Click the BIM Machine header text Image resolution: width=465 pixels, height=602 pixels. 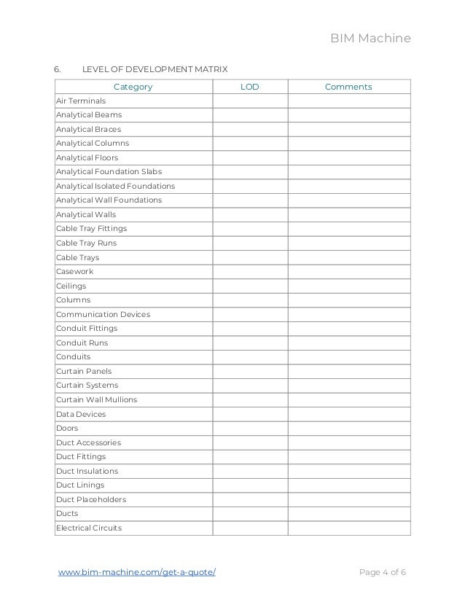point(372,38)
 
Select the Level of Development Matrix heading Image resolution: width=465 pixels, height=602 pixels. point(155,69)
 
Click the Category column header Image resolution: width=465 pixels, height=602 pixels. point(133,87)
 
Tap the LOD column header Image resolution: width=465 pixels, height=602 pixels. point(249,87)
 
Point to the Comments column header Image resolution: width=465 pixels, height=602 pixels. point(348,87)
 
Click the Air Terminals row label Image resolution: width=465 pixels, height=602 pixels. point(81,101)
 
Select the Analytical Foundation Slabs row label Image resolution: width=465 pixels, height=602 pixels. point(109,172)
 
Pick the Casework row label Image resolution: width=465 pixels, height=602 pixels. point(74,272)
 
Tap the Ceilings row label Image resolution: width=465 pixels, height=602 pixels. point(71,286)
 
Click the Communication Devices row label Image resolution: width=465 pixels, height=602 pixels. point(103,314)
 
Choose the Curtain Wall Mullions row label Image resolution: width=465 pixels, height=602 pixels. point(96,400)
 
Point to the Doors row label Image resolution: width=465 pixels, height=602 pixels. point(67,429)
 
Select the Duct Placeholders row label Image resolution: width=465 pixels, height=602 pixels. point(91,500)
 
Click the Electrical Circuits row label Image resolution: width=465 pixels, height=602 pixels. point(89,528)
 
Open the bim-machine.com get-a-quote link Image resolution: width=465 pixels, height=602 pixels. point(137,572)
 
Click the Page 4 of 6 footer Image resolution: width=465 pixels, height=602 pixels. point(383,572)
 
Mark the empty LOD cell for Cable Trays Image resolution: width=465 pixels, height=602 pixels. point(249,257)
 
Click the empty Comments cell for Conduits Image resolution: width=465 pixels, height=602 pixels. point(348,357)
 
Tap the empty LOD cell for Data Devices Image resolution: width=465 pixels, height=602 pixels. point(249,414)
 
